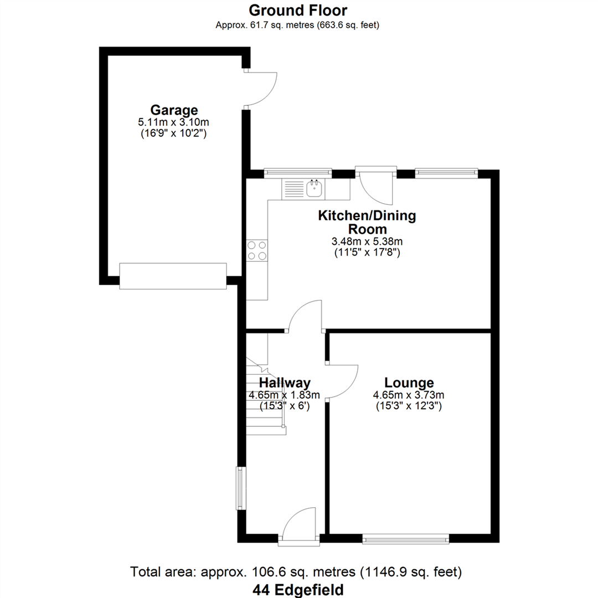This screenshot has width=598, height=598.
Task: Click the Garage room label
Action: [173, 110]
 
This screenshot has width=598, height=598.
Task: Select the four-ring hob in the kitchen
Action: [257, 250]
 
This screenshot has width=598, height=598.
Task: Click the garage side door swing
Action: [260, 87]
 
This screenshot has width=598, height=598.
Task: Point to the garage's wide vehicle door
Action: [173, 275]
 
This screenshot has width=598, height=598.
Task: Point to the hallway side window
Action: [241, 488]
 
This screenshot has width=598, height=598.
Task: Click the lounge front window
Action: [405, 538]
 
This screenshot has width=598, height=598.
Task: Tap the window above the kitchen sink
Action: [297, 173]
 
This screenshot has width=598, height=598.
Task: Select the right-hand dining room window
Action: [446, 173]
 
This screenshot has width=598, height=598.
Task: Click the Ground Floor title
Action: [298, 10]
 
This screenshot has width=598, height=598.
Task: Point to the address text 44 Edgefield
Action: [298, 589]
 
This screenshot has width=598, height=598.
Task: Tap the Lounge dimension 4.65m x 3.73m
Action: [409, 395]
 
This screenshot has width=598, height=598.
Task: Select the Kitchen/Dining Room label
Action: [366, 222]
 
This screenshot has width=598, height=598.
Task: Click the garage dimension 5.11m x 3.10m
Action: [173, 122]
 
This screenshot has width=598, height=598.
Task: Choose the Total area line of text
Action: [296, 572]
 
